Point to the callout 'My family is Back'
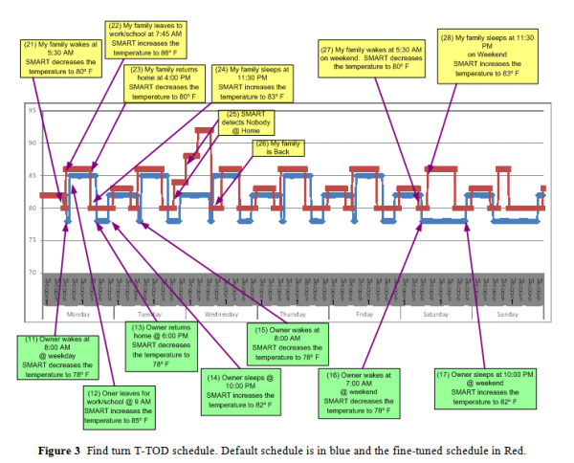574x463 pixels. coord(278,147)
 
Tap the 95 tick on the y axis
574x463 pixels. coord(33,111)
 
